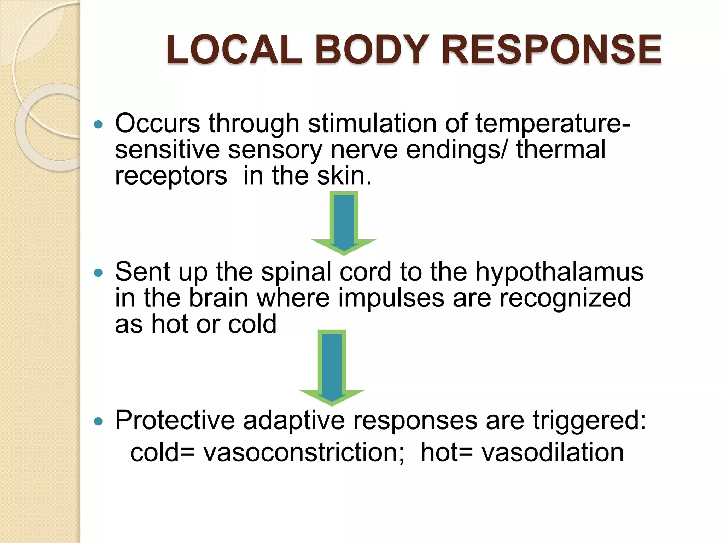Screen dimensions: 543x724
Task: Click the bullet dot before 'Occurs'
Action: pos(99,124)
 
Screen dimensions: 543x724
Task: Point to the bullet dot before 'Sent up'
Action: pos(99,273)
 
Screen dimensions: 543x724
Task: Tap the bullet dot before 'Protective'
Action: pos(99,421)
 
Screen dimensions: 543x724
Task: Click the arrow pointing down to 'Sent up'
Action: pos(344,223)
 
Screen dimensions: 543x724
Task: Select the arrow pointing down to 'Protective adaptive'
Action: pos(332,368)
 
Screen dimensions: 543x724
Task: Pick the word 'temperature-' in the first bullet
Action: pos(553,123)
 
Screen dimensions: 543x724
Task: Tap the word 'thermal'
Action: pos(561,150)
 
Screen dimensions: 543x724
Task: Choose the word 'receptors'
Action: pos(171,176)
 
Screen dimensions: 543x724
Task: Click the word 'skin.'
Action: pos(344,176)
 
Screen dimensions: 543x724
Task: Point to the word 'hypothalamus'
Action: pos(559,272)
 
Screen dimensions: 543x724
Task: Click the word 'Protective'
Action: pos(175,420)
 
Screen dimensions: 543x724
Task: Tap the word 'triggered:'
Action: pos(589,420)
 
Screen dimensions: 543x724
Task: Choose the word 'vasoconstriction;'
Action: pos(303,452)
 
